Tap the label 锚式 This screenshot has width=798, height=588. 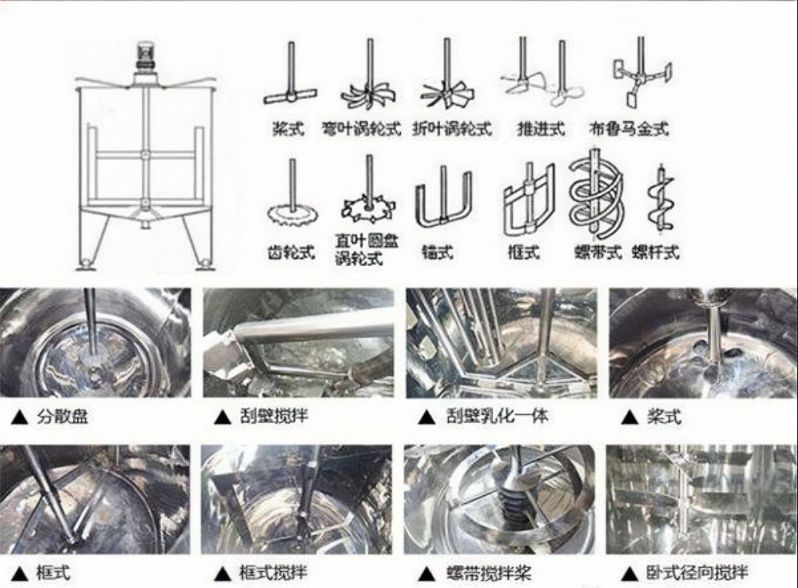pos(437,251)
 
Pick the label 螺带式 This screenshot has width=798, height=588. pos(598,251)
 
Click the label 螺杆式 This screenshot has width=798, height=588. pos(656,251)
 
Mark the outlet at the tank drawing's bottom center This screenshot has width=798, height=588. pos(145,224)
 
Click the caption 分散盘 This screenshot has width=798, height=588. pos(62,416)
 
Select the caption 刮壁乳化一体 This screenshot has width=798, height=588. pos(497,416)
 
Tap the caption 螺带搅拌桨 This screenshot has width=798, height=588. pos(489,573)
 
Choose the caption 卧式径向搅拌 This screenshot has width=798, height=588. pos(697,573)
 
